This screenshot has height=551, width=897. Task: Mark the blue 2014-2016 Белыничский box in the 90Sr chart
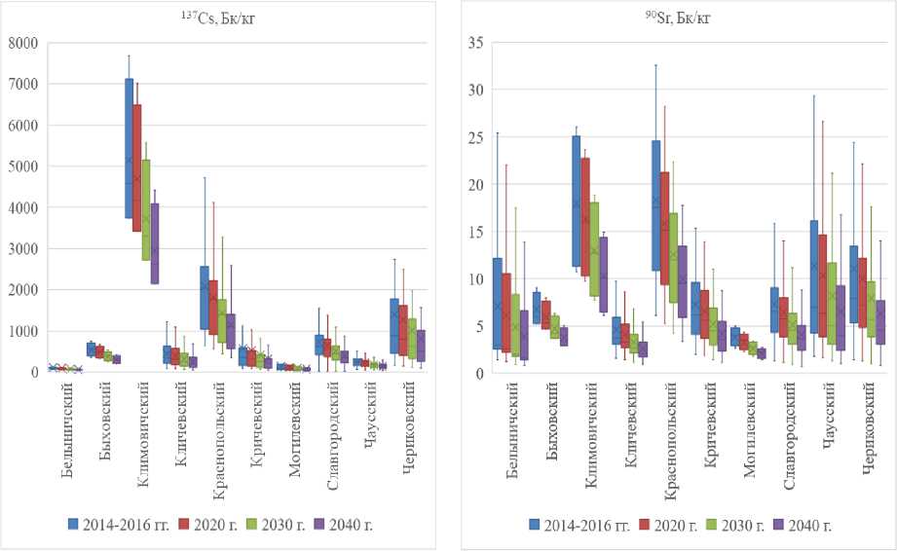point(497,303)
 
